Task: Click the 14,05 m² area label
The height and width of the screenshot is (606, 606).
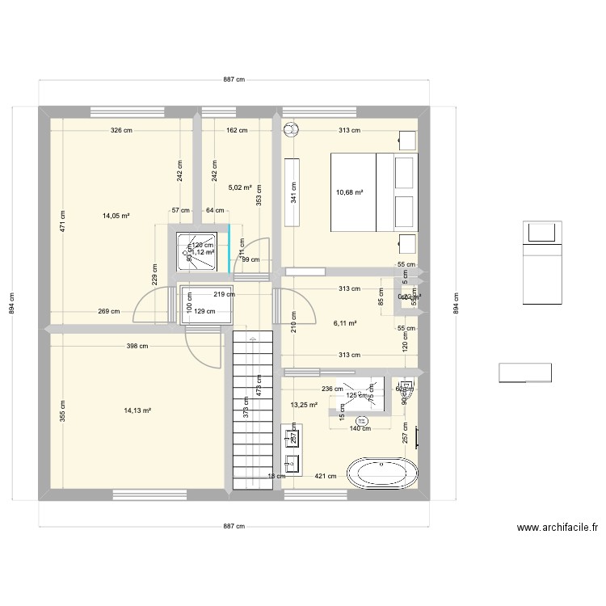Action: coord(116,216)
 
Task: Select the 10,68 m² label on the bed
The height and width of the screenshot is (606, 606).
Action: coord(349,192)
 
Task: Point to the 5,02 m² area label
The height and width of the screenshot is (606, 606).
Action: coord(241,187)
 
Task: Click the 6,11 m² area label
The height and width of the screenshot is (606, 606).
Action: coord(345,322)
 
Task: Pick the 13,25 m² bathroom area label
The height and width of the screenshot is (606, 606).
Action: coord(304,405)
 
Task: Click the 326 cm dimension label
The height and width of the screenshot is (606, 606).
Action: coord(122,130)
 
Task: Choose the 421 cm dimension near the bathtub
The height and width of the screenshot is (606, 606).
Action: coord(326,476)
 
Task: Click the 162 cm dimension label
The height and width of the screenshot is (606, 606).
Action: coord(237,130)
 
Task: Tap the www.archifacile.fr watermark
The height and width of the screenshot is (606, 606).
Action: coord(557,528)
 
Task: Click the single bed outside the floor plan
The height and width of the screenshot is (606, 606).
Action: coord(541,261)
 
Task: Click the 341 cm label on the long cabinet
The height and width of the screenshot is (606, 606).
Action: coord(292,192)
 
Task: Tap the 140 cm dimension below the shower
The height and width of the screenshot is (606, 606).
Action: coord(360,428)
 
